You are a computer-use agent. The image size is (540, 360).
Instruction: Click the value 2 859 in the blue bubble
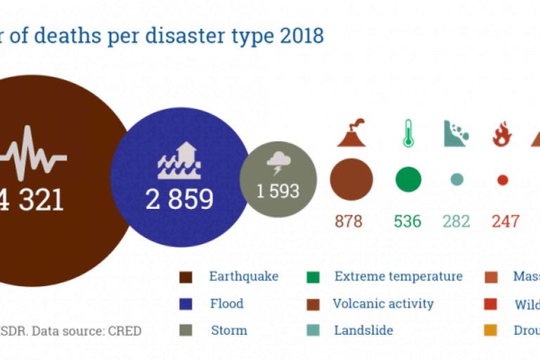(x=179, y=200)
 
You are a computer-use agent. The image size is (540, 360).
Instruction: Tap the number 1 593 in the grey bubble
(x=278, y=191)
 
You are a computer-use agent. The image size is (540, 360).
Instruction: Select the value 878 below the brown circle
(x=348, y=221)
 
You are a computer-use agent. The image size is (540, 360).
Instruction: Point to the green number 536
(x=408, y=221)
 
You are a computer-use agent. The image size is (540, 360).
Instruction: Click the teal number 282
(x=456, y=221)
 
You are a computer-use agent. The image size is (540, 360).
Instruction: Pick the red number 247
(x=505, y=221)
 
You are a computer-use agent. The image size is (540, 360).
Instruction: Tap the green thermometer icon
(x=408, y=134)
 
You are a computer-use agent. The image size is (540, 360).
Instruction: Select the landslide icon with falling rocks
(x=456, y=134)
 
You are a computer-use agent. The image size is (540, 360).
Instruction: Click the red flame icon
(x=502, y=134)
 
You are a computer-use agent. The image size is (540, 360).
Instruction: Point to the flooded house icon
(x=179, y=160)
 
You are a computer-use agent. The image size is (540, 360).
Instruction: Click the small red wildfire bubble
(x=502, y=180)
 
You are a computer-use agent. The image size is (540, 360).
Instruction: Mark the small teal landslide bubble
(x=457, y=180)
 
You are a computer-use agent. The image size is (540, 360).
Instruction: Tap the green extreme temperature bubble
(x=408, y=180)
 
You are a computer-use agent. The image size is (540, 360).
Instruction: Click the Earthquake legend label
(x=243, y=276)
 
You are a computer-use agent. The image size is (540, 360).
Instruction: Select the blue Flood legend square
(x=186, y=304)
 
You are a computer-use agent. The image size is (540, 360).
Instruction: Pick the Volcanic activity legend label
(x=383, y=304)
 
